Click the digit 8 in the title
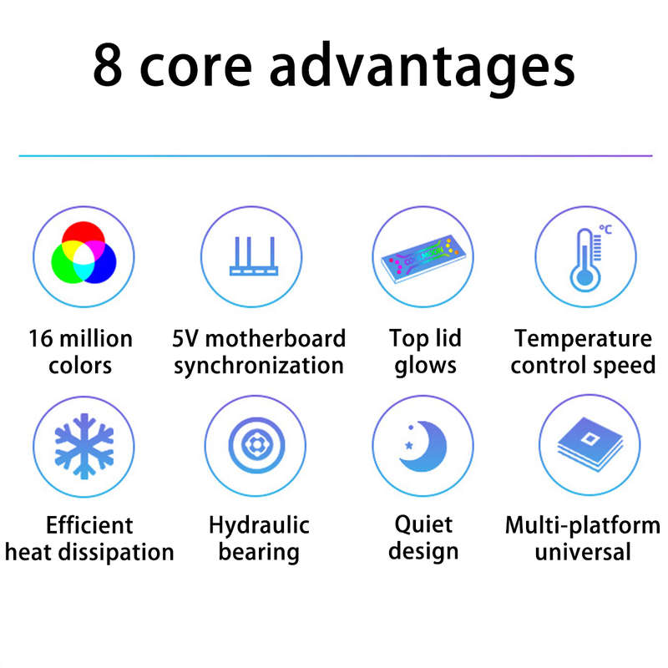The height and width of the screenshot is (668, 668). click(108, 64)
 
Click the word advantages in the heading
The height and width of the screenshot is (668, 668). click(423, 68)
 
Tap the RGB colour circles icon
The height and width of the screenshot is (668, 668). click(83, 252)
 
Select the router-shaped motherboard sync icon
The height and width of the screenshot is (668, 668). click(254, 256)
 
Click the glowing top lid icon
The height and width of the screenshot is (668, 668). click(423, 258)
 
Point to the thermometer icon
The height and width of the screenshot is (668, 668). click(585, 260)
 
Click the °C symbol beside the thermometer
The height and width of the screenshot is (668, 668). click(605, 229)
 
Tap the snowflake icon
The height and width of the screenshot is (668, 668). click(84, 446)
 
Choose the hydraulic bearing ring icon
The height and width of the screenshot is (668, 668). click(256, 445)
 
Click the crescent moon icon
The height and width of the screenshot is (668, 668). click(423, 446)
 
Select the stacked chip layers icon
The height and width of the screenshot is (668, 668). click(590, 444)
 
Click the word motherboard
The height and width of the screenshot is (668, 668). click(276, 339)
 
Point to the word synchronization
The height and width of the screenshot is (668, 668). click(259, 366)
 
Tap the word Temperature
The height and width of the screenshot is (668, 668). click(583, 339)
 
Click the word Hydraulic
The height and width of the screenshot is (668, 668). click(259, 525)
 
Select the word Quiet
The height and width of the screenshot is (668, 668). click(423, 524)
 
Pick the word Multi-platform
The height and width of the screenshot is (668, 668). click(582, 525)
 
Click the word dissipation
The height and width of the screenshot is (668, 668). click(116, 553)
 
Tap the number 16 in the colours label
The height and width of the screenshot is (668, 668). click(40, 339)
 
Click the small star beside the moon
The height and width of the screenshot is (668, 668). click(409, 445)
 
